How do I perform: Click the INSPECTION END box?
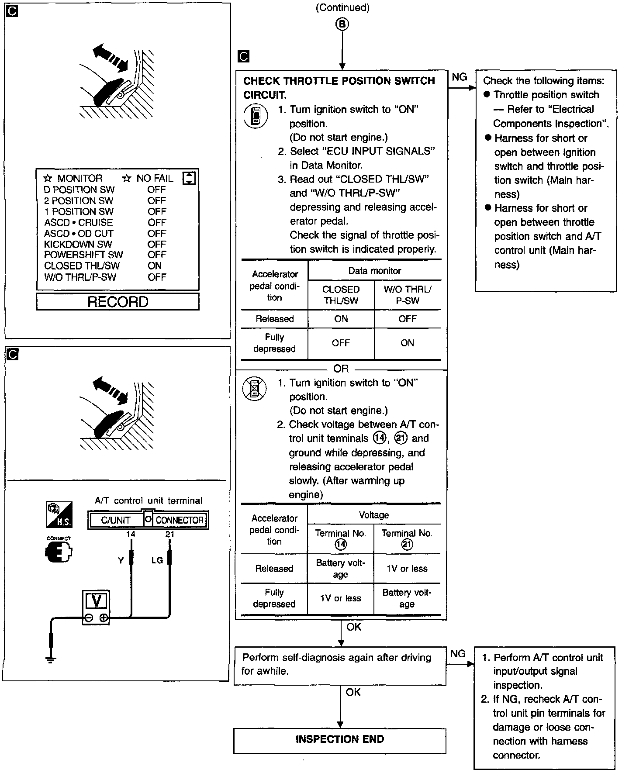tap(339, 739)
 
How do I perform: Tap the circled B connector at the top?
tap(342, 24)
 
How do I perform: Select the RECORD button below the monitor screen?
tap(118, 302)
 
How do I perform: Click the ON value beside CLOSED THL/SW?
tap(155, 266)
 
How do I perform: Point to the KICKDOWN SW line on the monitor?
tap(78, 245)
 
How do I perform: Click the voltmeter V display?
tap(96, 601)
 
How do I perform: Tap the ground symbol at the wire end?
tap(51, 659)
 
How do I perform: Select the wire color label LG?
tap(157, 560)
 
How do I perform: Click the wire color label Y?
tap(121, 560)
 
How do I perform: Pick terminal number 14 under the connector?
tap(130, 534)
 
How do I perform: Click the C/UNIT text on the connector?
tap(116, 520)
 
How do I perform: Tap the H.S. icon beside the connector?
tap(59, 514)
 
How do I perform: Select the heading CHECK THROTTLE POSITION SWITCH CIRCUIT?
tap(339, 87)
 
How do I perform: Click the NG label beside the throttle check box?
tap(459, 77)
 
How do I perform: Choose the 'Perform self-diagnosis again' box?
tap(340, 665)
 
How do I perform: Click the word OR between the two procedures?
tap(341, 369)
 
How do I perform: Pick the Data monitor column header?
tap(374, 271)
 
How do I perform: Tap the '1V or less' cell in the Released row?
tap(407, 569)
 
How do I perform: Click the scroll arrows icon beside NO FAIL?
tap(189, 178)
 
